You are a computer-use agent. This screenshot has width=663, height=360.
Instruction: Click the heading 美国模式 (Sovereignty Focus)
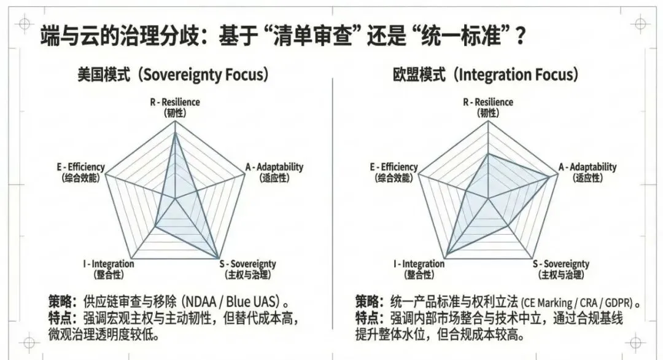tap(173, 75)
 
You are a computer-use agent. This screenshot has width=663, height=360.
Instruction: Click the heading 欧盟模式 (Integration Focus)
tap(486, 75)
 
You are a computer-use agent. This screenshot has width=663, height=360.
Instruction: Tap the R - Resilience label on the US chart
tap(175, 103)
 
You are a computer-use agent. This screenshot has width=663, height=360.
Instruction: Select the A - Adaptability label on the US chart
tap(274, 167)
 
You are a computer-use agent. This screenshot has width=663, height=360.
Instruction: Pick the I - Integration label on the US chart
tap(108, 264)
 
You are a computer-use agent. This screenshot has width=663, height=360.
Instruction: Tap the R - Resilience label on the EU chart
tap(487, 103)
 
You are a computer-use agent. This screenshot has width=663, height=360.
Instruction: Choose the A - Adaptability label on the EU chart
tap(587, 167)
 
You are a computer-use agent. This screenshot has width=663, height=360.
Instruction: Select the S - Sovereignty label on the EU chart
tap(560, 264)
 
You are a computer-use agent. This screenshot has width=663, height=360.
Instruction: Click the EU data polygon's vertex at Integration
tap(446, 256)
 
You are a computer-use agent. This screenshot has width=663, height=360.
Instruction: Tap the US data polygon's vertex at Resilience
tap(176, 134)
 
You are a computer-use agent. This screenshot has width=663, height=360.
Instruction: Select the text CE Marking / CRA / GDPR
tap(577, 303)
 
